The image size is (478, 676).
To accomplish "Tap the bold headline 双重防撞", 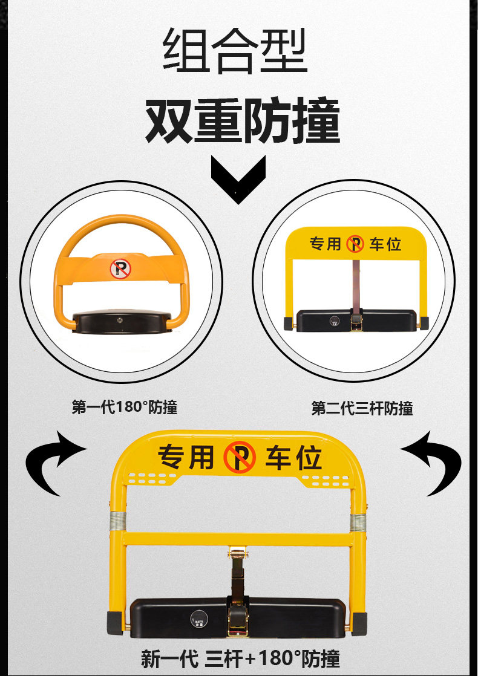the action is click(x=242, y=121).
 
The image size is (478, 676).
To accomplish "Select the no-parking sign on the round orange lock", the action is click(x=120, y=268).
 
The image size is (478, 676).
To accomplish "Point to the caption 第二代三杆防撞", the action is click(x=362, y=408).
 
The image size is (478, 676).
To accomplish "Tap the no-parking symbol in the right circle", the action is click(x=355, y=244).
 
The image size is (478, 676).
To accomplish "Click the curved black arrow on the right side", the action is click(x=431, y=462).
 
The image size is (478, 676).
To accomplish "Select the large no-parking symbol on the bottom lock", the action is click(x=240, y=458).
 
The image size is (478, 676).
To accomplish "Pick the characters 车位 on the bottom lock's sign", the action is click(x=293, y=458).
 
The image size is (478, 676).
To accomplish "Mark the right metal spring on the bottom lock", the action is click(x=358, y=522).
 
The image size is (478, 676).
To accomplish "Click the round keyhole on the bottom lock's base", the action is click(x=200, y=617).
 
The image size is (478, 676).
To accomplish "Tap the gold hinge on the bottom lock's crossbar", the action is click(x=238, y=551).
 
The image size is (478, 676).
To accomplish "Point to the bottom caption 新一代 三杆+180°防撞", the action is click(x=240, y=658).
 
